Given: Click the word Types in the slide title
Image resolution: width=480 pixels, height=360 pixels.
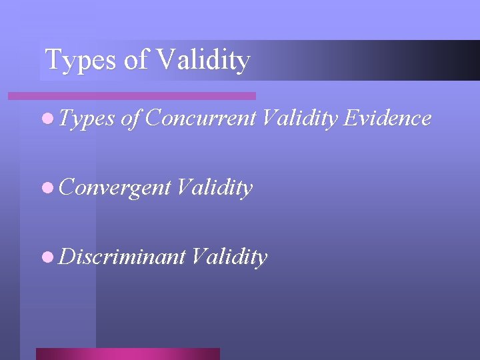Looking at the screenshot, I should pos(79,60).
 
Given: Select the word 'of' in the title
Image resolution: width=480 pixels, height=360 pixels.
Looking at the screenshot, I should pos(135,60).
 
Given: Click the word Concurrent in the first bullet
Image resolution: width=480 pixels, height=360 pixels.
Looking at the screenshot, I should pos(200,118).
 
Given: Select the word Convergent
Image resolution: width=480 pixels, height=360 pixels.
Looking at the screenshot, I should pos(115,189).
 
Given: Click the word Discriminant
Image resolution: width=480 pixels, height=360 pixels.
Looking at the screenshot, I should pos(122,257).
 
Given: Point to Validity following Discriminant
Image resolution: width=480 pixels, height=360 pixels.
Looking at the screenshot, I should pos(229,257).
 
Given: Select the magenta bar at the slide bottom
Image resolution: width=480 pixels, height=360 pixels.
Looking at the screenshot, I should pos(128,354).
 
